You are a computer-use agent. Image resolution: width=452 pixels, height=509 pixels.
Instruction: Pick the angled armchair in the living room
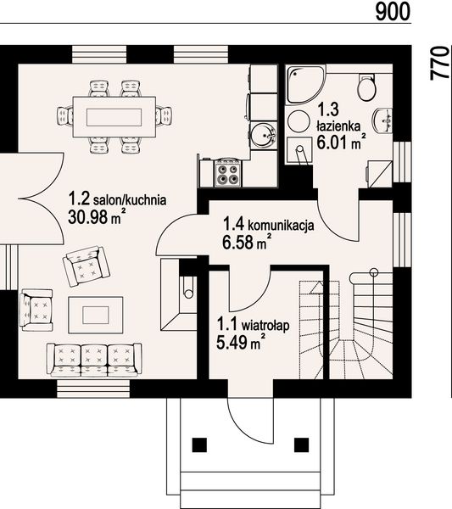[x=83, y=266]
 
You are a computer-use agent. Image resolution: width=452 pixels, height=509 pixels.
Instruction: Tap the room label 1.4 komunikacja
[x=269, y=226]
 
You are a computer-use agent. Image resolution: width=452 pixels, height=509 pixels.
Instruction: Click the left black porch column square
[x=200, y=444]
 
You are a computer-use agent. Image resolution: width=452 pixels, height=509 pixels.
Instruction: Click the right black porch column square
[x=300, y=444]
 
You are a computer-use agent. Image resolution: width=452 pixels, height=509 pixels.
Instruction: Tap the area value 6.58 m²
[x=247, y=244]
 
